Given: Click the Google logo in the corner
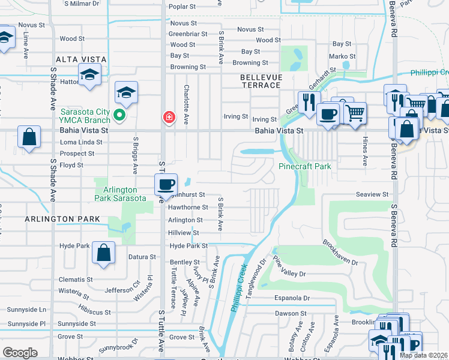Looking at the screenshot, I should (x=20, y=353).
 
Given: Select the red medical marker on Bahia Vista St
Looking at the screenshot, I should (x=170, y=116).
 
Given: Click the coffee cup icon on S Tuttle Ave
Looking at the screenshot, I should (x=166, y=184).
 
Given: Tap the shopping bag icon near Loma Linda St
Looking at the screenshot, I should (x=29, y=137).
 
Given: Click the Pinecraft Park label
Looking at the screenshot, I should (x=304, y=166).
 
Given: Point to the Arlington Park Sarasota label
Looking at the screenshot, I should (x=120, y=194).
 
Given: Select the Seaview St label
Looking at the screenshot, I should (x=372, y=194).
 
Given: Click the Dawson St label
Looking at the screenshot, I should (x=291, y=313).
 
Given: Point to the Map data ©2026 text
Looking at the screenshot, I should (x=423, y=355).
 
